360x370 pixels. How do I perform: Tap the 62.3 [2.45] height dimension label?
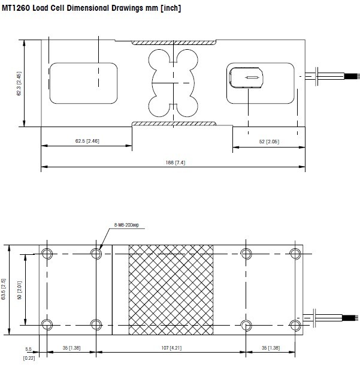click(19, 83)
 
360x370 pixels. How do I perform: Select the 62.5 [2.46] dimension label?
click(87, 141)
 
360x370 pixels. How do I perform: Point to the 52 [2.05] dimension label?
click(269, 142)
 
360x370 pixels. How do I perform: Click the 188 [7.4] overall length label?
click(175, 163)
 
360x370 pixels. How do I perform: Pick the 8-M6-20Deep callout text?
click(126, 225)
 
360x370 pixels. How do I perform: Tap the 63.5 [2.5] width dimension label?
click(4, 289)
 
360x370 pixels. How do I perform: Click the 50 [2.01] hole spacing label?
click(20, 290)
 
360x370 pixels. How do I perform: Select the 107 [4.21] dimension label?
click(171, 348)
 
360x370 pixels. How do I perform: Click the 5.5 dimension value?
click(28, 349)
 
